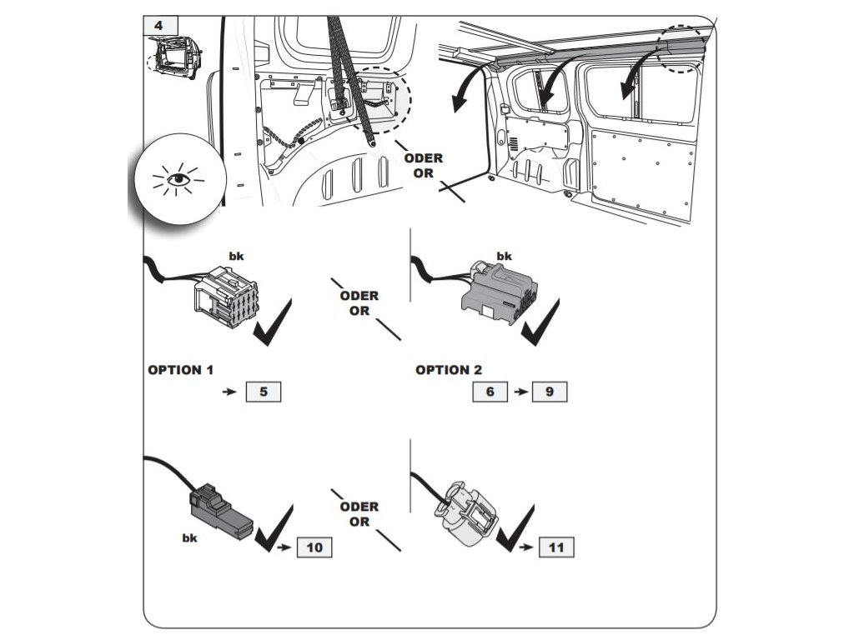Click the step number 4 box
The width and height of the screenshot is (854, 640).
point(159,25)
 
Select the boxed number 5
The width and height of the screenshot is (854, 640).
point(263,391)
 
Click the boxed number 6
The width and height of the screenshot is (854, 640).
point(490,391)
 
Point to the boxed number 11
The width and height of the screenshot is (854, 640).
point(556,547)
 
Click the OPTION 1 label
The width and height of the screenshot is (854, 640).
point(186,370)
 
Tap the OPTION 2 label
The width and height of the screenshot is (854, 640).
point(449,370)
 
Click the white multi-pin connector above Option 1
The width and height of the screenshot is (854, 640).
point(224,297)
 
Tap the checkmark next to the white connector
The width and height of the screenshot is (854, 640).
point(273,324)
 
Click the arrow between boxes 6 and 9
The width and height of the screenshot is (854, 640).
point(520,392)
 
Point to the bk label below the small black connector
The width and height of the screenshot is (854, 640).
point(190,538)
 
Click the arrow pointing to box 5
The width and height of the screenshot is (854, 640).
point(229,391)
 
